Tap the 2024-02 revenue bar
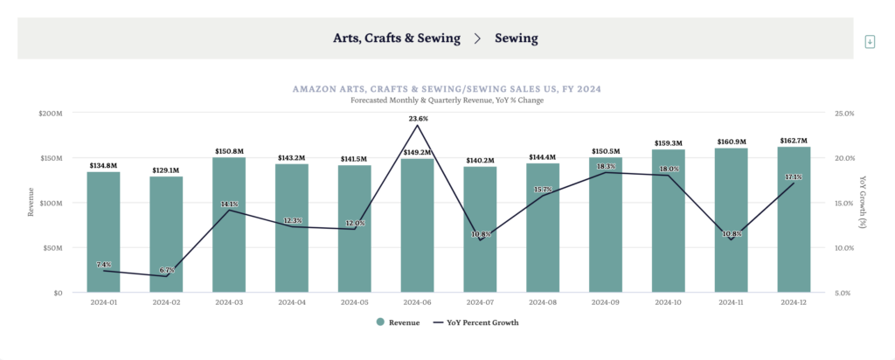pyautogui.click(x=166, y=234)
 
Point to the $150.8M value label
pyautogui.click(x=229, y=151)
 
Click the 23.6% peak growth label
pyautogui.click(x=417, y=118)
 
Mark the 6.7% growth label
pyautogui.click(x=166, y=270)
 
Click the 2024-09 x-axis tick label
pyautogui.click(x=606, y=303)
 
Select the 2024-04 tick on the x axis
pyautogui.click(x=292, y=303)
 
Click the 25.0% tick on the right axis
pyautogui.click(x=843, y=114)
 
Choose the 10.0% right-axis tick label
pyautogui.click(x=843, y=248)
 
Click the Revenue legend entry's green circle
pyautogui.click(x=380, y=322)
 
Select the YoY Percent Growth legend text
pyautogui.click(x=482, y=322)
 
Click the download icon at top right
pyautogui.click(x=869, y=42)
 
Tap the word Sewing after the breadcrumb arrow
pyautogui.click(x=516, y=38)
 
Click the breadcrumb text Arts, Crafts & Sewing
pyautogui.click(x=395, y=38)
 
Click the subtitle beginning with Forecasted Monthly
pyautogui.click(x=447, y=100)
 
